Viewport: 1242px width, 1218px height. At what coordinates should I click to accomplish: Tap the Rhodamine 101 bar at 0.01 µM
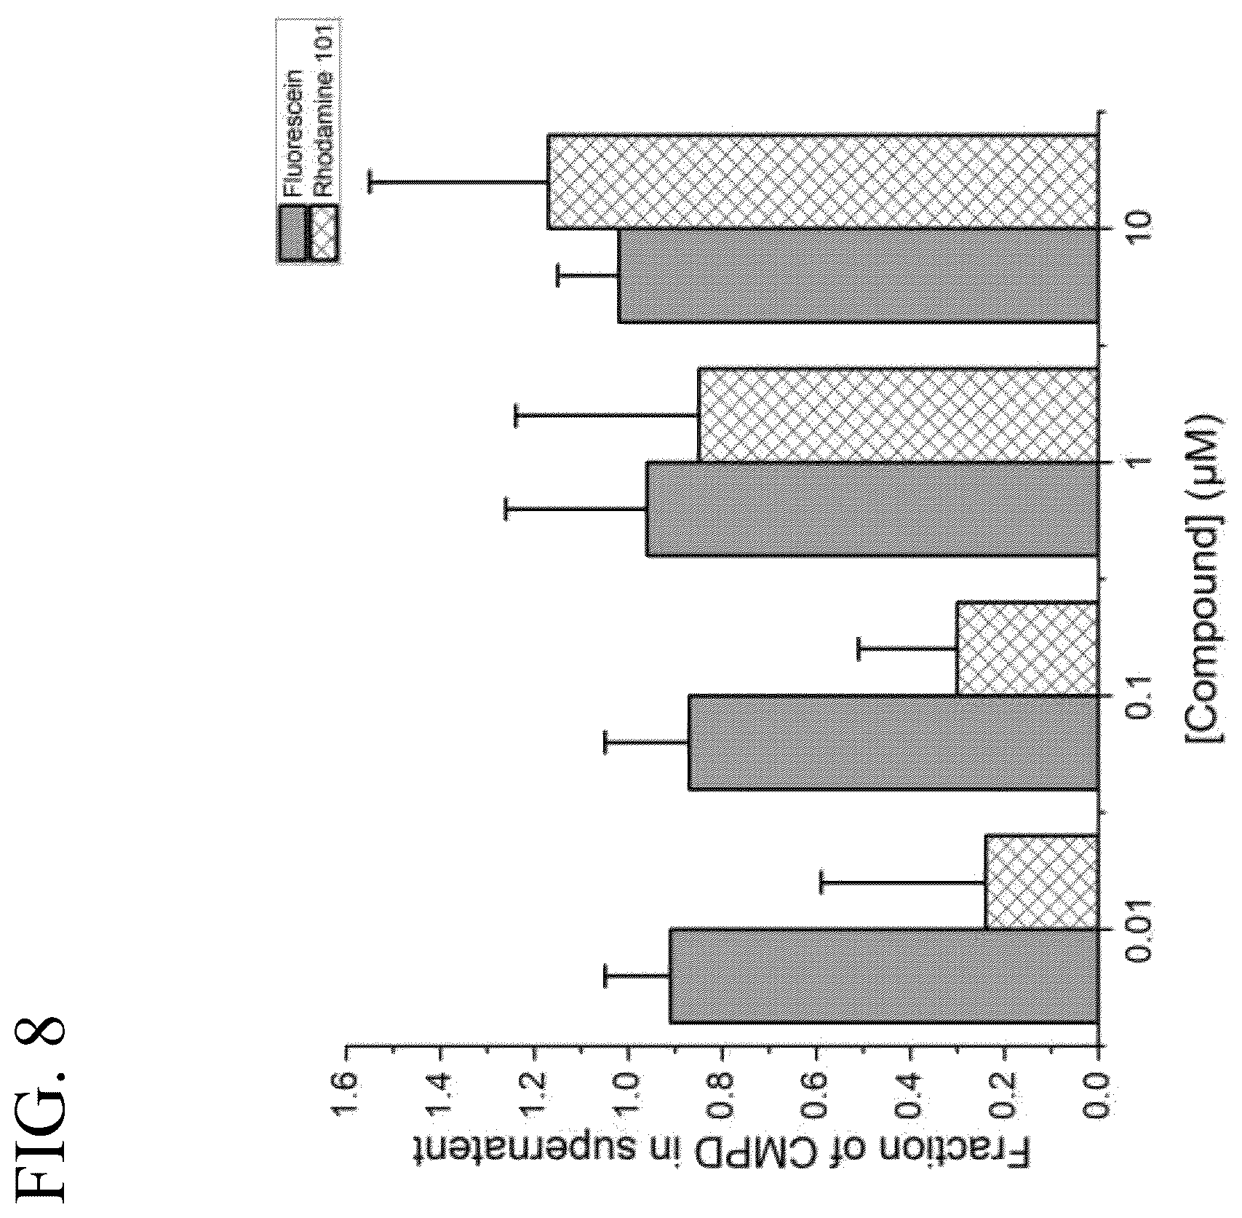point(1041,881)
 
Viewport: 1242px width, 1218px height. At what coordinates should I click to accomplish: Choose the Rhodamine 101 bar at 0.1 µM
point(1027,648)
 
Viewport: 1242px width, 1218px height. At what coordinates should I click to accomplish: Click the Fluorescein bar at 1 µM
point(872,509)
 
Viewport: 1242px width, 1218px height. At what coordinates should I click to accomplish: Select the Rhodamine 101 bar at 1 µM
point(898,414)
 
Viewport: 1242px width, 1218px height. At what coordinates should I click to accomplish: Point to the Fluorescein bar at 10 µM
point(858,276)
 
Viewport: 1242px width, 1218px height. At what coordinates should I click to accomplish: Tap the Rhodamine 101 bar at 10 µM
point(822,181)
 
